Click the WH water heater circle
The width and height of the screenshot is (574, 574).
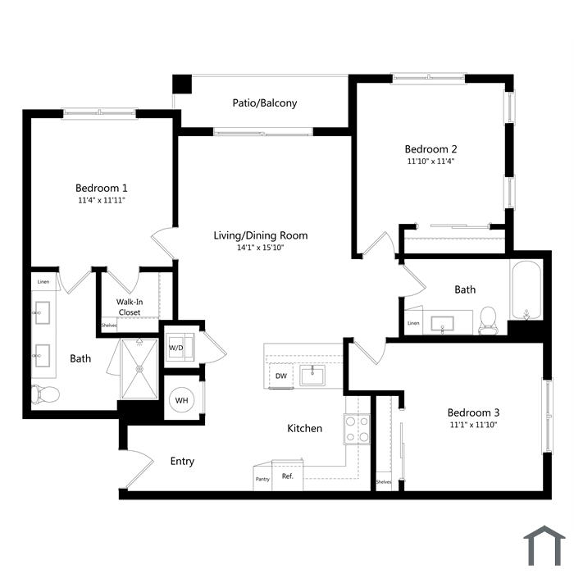(x=181, y=400)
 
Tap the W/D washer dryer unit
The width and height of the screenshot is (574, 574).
(x=180, y=347)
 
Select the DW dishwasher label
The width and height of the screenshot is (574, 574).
(x=281, y=376)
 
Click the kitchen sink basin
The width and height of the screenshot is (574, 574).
(x=312, y=376)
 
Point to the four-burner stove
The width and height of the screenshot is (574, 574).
(x=357, y=429)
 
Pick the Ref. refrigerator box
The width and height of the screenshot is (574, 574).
(x=287, y=476)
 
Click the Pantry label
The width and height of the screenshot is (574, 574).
(x=262, y=479)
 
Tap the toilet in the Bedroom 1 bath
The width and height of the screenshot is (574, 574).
(x=45, y=394)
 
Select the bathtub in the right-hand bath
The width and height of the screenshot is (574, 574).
(x=526, y=290)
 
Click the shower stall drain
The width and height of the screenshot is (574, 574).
(x=139, y=369)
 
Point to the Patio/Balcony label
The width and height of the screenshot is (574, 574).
(x=265, y=102)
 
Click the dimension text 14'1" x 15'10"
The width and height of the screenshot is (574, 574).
(x=260, y=248)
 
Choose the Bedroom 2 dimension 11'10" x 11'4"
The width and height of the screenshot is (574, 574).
(x=430, y=161)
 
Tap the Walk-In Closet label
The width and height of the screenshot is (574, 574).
(x=130, y=307)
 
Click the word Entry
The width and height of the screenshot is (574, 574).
(x=182, y=461)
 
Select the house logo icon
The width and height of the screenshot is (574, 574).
(x=544, y=545)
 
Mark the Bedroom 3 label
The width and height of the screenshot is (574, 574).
(x=473, y=412)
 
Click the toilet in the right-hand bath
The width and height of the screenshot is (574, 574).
(x=488, y=321)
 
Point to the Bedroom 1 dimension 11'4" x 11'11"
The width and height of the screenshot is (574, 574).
(x=102, y=200)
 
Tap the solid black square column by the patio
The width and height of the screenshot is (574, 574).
(x=182, y=84)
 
